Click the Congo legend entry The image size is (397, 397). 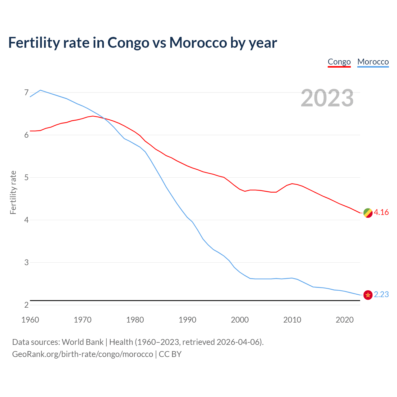pyautogui.click(x=339, y=62)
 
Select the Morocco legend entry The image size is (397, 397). pyautogui.click(x=373, y=62)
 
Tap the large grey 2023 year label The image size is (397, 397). pyautogui.click(x=327, y=98)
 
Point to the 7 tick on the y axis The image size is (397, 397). pyautogui.click(x=26, y=92)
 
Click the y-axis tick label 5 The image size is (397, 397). pyautogui.click(x=26, y=177)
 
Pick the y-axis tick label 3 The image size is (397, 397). pyautogui.click(x=26, y=262)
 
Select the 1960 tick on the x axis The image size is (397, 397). pyautogui.click(x=30, y=320)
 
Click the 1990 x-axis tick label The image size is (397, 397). pyautogui.click(x=187, y=320)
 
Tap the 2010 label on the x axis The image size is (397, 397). pyautogui.click(x=292, y=320)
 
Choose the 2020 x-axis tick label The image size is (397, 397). pyautogui.click(x=345, y=320)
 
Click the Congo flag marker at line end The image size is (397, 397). pyautogui.click(x=368, y=213)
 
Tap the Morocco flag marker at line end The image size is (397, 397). pyautogui.click(x=368, y=295)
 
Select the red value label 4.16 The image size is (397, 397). pyautogui.click(x=381, y=212)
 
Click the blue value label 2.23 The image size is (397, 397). pyautogui.click(x=381, y=294)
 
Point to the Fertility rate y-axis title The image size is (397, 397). pyautogui.click(x=13, y=192)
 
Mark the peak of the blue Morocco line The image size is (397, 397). pyautogui.click(x=40, y=90)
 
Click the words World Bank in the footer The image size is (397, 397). pyautogui.click(x=83, y=342)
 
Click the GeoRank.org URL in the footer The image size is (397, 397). pyautogui.click(x=83, y=354)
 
